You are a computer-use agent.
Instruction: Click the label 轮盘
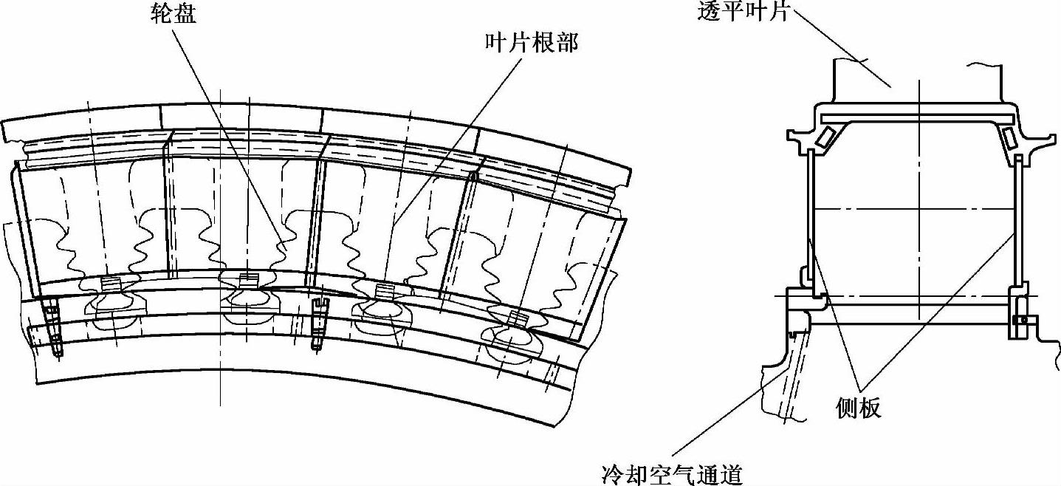click(170, 14)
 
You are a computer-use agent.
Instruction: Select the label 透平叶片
click(744, 13)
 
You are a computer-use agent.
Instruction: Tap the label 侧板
click(859, 407)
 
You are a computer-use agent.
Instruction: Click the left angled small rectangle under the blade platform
click(823, 136)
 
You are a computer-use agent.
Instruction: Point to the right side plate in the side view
click(1018, 222)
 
